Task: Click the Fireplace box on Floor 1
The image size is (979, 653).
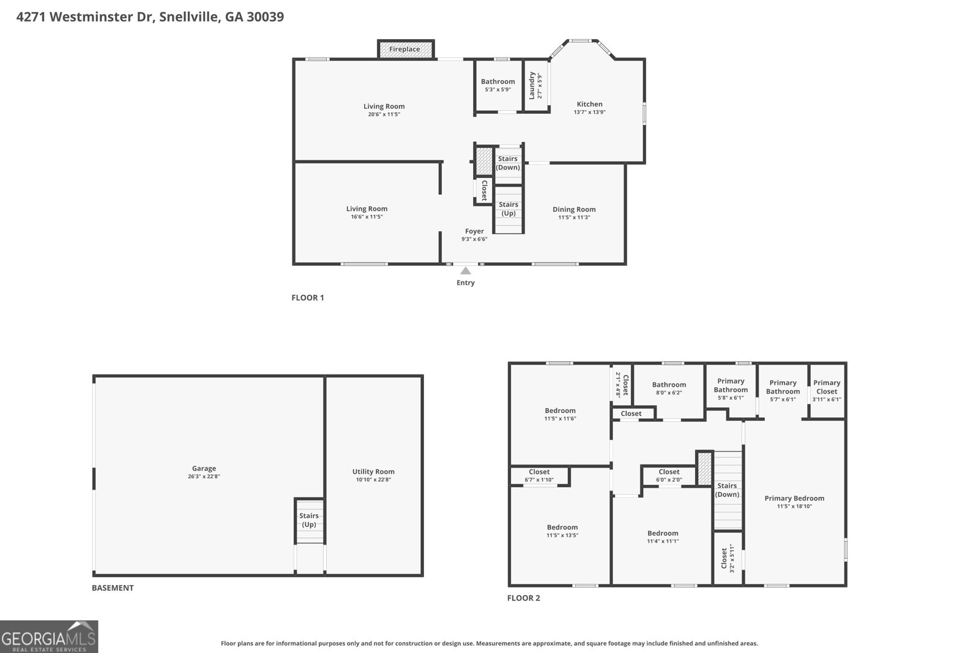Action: coord(406,49)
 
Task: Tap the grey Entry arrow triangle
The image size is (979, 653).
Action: coord(466,271)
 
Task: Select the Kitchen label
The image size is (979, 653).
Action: coord(590,104)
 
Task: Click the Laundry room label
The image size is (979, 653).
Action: coord(532,86)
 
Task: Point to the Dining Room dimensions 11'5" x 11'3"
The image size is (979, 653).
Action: coord(574,217)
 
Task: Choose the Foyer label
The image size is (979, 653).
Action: coord(474,231)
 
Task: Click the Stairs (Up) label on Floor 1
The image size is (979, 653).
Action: coord(508,209)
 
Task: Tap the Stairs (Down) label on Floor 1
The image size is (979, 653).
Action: coord(508,163)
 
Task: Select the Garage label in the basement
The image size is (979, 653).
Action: coord(204,469)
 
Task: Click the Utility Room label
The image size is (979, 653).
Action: coord(373,472)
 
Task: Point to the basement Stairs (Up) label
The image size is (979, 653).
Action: coord(309,520)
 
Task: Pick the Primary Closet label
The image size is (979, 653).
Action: coord(827,387)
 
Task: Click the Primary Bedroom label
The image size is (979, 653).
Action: coord(794,498)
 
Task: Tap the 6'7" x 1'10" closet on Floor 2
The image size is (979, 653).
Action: coord(540,476)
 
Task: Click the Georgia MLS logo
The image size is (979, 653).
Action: coord(49,636)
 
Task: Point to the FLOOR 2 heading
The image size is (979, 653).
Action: coord(524,598)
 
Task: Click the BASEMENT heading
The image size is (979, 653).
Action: coord(113,588)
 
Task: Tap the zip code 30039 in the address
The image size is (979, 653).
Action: coord(266,17)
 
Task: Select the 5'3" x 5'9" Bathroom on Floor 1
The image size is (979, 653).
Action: coord(498,85)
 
